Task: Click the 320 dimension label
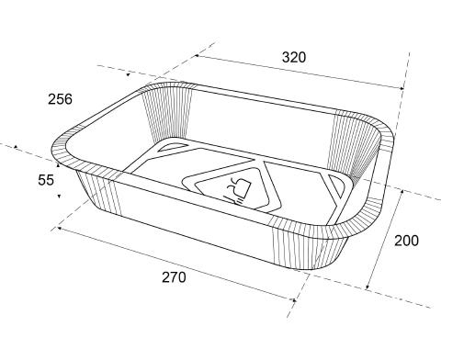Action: coord(294,57)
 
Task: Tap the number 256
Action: coord(60,99)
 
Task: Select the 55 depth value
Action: coord(46,180)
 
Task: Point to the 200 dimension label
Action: coord(406,241)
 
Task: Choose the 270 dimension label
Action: coord(174,277)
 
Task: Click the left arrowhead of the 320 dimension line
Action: coord(197,56)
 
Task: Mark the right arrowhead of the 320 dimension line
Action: coord(402,88)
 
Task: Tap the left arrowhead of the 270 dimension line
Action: coord(59,228)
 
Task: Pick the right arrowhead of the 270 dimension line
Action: coord(294,300)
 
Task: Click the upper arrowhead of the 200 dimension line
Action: coord(402,192)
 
